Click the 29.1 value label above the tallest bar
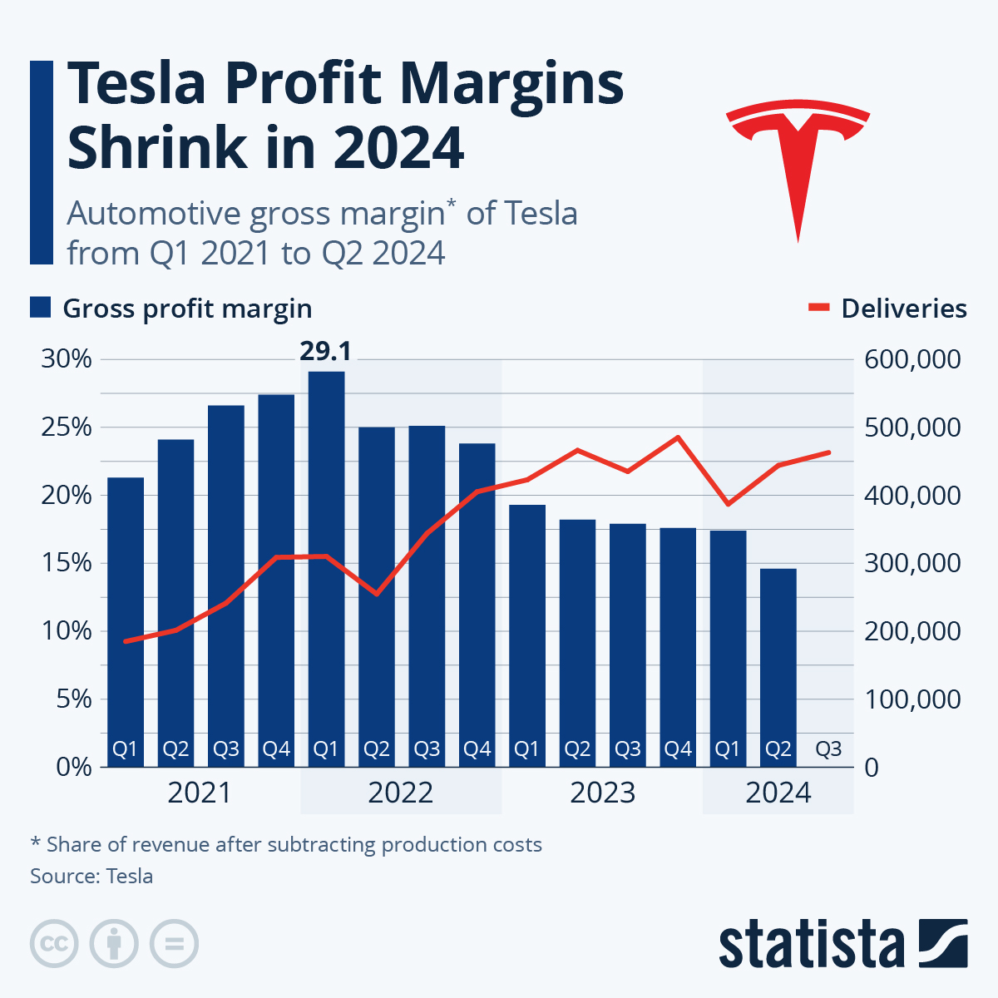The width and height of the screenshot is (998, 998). coord(325,352)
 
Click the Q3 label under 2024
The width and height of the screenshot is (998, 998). coord(828,749)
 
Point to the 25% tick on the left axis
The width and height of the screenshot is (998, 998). coord(66,427)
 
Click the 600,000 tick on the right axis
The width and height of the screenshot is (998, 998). coord(912,360)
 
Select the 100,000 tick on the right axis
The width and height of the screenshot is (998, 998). coord(912,699)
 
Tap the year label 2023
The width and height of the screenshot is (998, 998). coord(602,793)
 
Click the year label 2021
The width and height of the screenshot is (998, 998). coord(200,793)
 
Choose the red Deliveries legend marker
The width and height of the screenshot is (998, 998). coord(818,309)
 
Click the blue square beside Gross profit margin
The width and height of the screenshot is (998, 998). coord(41,308)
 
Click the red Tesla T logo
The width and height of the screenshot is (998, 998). coord(798,158)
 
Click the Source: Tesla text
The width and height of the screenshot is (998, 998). coord(91,876)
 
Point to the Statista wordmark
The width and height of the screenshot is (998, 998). coord(811,944)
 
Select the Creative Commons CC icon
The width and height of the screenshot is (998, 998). coord(54,944)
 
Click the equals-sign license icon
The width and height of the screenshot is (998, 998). coord(174,944)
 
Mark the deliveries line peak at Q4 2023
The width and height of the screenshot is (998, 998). coord(678,437)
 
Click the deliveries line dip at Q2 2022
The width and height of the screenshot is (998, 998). coord(376,594)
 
